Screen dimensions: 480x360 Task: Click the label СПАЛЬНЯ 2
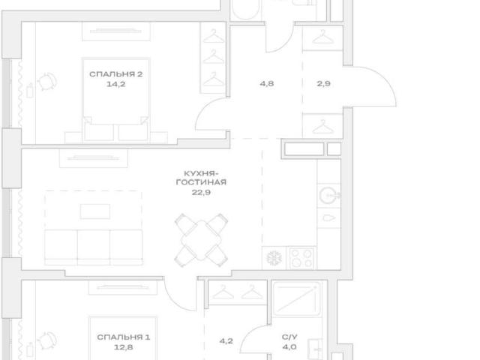(116, 74)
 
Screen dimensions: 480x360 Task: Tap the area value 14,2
(116, 84)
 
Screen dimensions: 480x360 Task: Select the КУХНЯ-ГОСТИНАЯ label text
(201, 178)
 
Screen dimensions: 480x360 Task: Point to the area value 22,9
(201, 193)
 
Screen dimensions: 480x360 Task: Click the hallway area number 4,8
(267, 83)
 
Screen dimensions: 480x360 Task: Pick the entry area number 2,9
(323, 83)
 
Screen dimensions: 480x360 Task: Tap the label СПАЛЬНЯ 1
(123, 337)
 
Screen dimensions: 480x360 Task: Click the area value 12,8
(123, 347)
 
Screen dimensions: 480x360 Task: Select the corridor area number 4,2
(226, 341)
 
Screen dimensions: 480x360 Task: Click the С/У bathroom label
(289, 337)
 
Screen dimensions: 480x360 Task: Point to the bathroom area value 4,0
(289, 347)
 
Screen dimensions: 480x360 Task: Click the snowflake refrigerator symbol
(274, 258)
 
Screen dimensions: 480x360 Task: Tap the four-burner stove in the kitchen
(301, 258)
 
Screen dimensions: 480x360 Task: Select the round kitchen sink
(328, 195)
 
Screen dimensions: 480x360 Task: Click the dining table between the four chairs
(201, 240)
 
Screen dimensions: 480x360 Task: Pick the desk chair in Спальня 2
(47, 82)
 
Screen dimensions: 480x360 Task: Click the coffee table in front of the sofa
(95, 211)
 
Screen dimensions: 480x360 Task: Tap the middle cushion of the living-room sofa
(94, 247)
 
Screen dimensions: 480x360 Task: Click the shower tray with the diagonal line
(296, 298)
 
